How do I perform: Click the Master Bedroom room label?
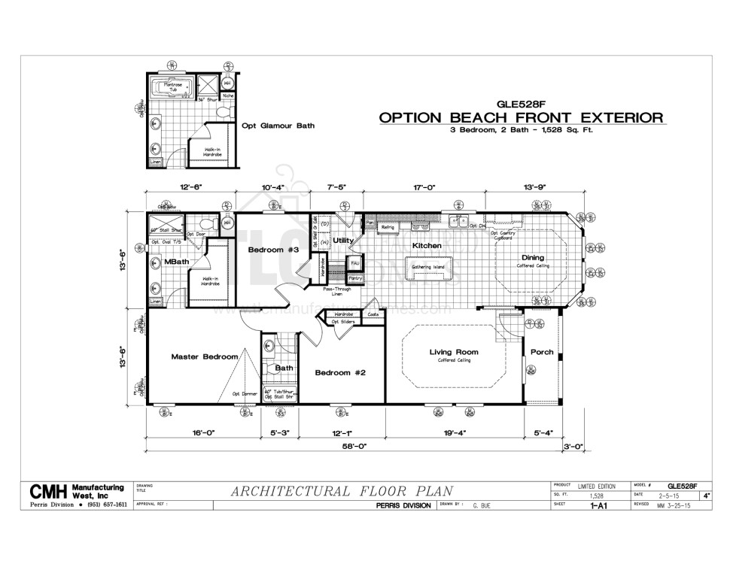point(204,356)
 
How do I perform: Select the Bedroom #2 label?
point(339,372)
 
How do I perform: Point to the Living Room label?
point(454,352)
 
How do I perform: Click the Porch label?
point(542,352)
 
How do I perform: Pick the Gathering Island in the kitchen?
point(427,268)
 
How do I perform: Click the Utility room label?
point(343,241)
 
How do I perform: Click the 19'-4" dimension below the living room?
point(454,432)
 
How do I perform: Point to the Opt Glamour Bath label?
point(278,126)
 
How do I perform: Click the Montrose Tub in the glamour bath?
point(172,87)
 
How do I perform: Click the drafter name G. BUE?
point(482,506)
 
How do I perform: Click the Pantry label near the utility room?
point(356,279)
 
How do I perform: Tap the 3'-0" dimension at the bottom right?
point(573,446)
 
